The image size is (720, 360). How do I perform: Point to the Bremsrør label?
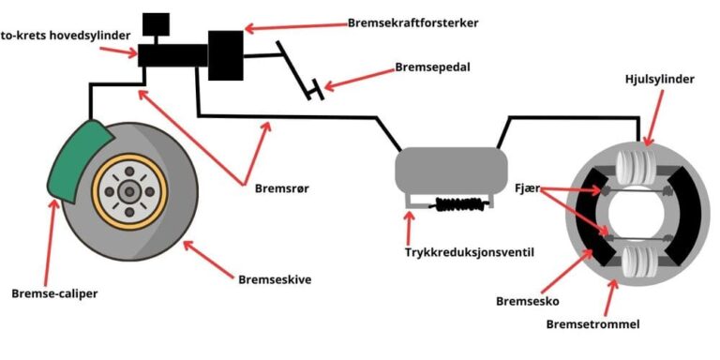click(x=282, y=187)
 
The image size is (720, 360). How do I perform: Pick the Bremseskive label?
click(x=273, y=278)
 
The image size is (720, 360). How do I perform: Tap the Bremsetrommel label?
click(x=591, y=324)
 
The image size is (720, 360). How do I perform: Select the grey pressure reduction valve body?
click(x=445, y=170)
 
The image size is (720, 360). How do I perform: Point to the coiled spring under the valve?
click(x=454, y=202)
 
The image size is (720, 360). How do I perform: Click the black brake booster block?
click(x=226, y=54)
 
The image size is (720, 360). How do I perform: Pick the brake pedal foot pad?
click(x=319, y=91)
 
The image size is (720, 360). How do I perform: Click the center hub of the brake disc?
click(x=128, y=191)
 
